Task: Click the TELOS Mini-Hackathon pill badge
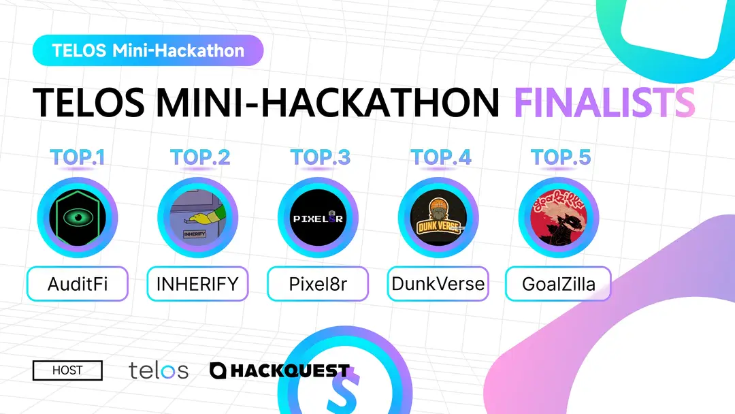[x=148, y=50]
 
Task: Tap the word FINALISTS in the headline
[x=604, y=103]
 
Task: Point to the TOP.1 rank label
[x=78, y=157]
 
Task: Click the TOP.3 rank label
[x=320, y=157]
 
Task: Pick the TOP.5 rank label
[x=560, y=157]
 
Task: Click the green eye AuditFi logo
[x=77, y=218]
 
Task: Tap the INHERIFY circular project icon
[x=197, y=218]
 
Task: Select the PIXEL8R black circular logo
[x=318, y=218]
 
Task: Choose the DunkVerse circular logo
[x=438, y=218]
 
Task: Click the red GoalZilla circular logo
[x=558, y=218]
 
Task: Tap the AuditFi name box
[x=78, y=284]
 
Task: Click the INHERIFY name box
[x=197, y=284]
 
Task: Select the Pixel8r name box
[x=318, y=284]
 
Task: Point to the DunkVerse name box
[x=438, y=284]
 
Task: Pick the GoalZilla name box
[x=558, y=284]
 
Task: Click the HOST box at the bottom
[x=67, y=370]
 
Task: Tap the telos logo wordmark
[x=159, y=370]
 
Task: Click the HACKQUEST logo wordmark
[x=280, y=370]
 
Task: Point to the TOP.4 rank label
[x=440, y=157]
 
